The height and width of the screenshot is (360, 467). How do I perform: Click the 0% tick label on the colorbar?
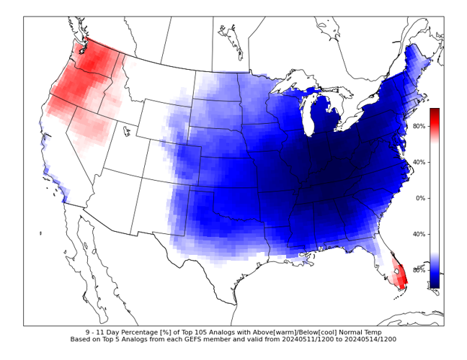[458, 198]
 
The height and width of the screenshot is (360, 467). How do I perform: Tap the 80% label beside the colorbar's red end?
[459, 126]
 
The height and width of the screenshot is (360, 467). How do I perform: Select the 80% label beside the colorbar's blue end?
[459, 270]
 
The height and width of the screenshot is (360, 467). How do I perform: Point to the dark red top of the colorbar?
[435, 112]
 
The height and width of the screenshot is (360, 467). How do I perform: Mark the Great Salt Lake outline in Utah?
[127, 132]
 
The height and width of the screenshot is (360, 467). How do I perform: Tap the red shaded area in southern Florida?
[397, 272]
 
